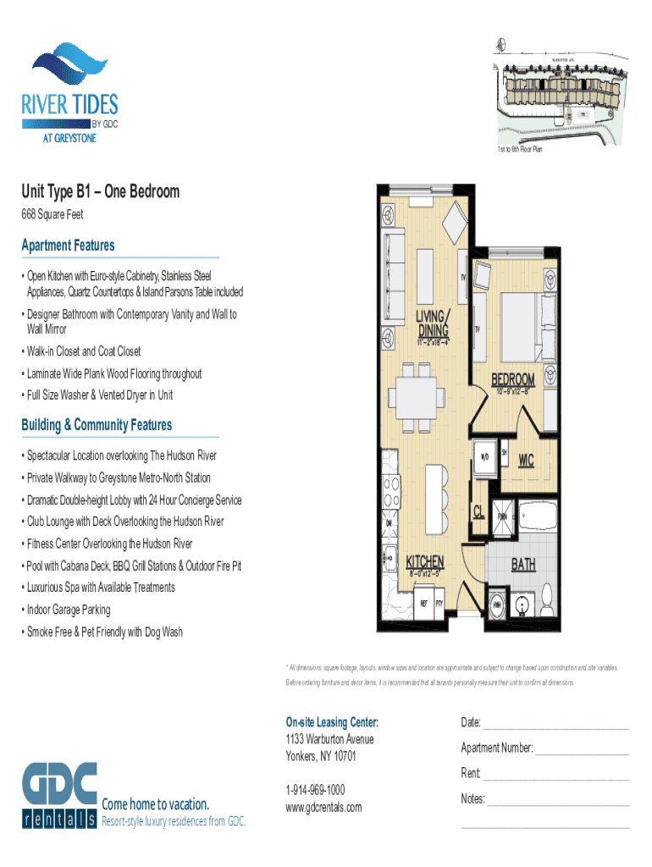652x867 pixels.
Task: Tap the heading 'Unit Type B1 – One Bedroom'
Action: pos(101,191)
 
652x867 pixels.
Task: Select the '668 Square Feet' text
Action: pos(52,215)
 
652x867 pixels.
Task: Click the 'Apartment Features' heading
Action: pos(68,246)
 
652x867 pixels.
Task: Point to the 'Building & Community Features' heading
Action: pos(97,425)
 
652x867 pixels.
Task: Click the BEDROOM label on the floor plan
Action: pos(513,379)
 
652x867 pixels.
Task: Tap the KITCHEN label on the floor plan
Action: pos(425,562)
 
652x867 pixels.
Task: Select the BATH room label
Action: pos(523,564)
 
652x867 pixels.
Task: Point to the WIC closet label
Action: pos(526,461)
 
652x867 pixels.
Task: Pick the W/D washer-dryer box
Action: pos(485,456)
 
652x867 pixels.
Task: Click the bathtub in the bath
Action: pos(533,516)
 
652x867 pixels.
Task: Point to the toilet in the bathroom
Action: pos(547,597)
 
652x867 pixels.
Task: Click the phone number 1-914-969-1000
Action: pos(315,790)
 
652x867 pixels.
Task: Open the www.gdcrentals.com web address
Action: pos(323,807)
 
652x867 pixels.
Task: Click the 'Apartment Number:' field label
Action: pos(497,748)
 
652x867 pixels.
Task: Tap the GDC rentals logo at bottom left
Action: pos(59,794)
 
